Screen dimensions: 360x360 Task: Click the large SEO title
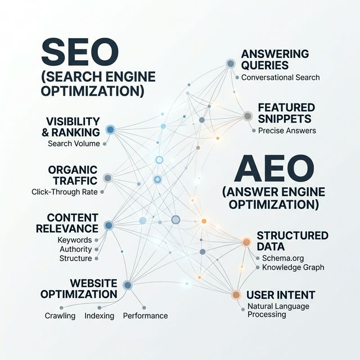tap(79, 53)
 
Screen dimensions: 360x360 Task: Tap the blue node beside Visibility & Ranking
tap(110, 129)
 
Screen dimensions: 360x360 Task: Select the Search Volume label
tap(74, 143)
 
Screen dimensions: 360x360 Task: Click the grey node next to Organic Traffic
tap(107, 178)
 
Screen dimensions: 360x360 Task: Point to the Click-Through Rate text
tap(65, 192)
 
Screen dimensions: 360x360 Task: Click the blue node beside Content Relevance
tap(109, 225)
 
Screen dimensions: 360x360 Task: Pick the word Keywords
tap(74, 240)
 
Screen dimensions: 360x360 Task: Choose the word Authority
tap(75, 249)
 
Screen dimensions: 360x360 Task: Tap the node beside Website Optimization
tap(128, 285)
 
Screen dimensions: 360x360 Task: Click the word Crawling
tap(60, 316)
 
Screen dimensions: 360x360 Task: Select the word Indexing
tap(99, 316)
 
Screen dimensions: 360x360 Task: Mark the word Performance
tap(145, 316)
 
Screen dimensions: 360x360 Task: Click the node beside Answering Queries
tap(231, 64)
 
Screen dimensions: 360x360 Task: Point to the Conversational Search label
tap(280, 77)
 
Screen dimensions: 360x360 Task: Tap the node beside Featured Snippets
tap(247, 116)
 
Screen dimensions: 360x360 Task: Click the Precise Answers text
tap(287, 130)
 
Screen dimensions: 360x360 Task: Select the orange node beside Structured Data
tap(246, 242)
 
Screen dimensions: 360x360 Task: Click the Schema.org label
tap(283, 258)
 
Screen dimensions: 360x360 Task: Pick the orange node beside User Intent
tap(236, 294)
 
